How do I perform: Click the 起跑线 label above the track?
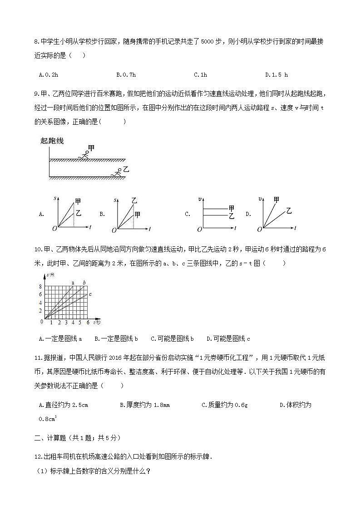tap(52, 141)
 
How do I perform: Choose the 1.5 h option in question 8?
tap(276, 75)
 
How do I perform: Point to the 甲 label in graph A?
tap(78, 201)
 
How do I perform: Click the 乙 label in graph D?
tap(289, 210)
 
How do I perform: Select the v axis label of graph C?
tap(200, 199)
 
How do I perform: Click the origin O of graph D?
tap(259, 230)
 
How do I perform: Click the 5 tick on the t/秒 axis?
tap(80, 323)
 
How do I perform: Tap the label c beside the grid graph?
tap(90, 295)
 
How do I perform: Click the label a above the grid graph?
tap(73, 283)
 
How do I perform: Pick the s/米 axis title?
tap(50, 276)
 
